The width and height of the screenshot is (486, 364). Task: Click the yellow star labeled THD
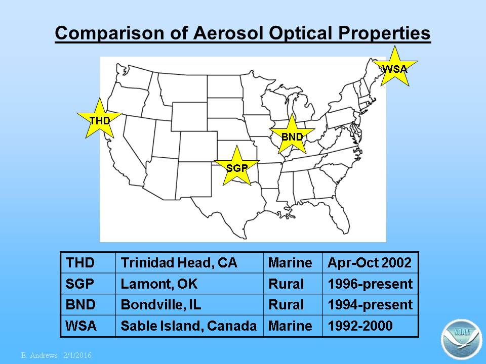(x=100, y=121)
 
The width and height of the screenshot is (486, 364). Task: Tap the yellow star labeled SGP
(x=237, y=168)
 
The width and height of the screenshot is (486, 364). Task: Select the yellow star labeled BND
(x=292, y=136)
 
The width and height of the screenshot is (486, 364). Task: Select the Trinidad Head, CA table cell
(x=189, y=262)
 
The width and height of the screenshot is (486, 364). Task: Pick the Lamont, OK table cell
(x=189, y=284)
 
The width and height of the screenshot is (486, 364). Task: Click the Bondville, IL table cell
(x=189, y=304)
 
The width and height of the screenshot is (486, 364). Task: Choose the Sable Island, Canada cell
(x=189, y=326)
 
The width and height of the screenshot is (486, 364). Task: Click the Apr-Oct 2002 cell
(x=371, y=262)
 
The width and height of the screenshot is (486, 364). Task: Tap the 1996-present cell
(x=371, y=284)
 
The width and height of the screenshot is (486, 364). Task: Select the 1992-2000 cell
(x=371, y=326)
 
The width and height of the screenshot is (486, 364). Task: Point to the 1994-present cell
(x=371, y=304)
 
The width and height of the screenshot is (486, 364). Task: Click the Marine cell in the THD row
(x=293, y=262)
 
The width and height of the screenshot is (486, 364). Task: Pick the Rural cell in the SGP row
(x=293, y=284)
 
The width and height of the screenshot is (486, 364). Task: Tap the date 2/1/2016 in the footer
(x=77, y=355)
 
